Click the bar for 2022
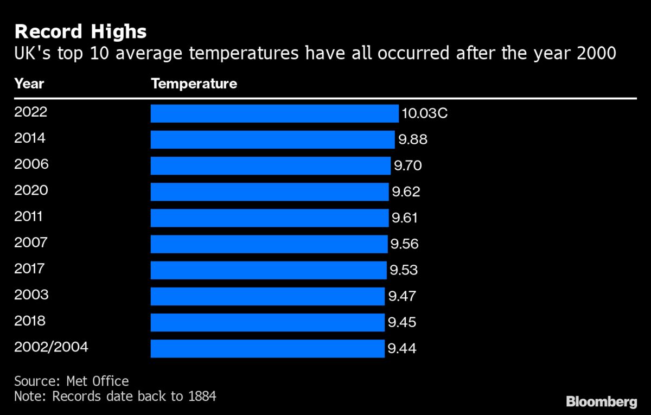tap(274, 114)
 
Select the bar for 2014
tap(272, 140)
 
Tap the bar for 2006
tap(270, 166)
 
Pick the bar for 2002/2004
tap(267, 349)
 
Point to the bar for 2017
tap(268, 270)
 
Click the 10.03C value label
tap(425, 114)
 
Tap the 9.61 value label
tap(405, 218)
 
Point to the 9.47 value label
tap(401, 296)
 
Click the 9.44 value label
tap(401, 349)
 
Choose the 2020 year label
tap(31, 190)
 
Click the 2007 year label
tap(31, 242)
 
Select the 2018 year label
tap(30, 321)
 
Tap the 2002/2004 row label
tap(51, 347)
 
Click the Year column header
tap(29, 84)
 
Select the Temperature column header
tap(194, 84)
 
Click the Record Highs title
tap(80, 32)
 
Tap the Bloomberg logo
tap(601, 402)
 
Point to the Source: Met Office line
tap(72, 381)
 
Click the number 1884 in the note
tap(201, 397)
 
